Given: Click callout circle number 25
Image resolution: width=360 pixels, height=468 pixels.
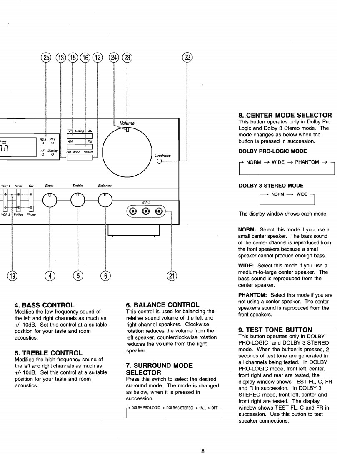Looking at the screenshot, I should (46, 58).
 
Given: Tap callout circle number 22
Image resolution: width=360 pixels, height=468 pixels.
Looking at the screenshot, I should (187, 58).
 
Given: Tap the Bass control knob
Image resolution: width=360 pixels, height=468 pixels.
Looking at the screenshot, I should (50, 201).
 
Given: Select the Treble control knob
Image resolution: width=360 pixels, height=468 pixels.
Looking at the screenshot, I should (78, 201).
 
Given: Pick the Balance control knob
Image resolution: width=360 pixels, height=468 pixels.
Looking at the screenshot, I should (105, 201).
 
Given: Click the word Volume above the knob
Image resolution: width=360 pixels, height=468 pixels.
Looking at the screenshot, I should (127, 123).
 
